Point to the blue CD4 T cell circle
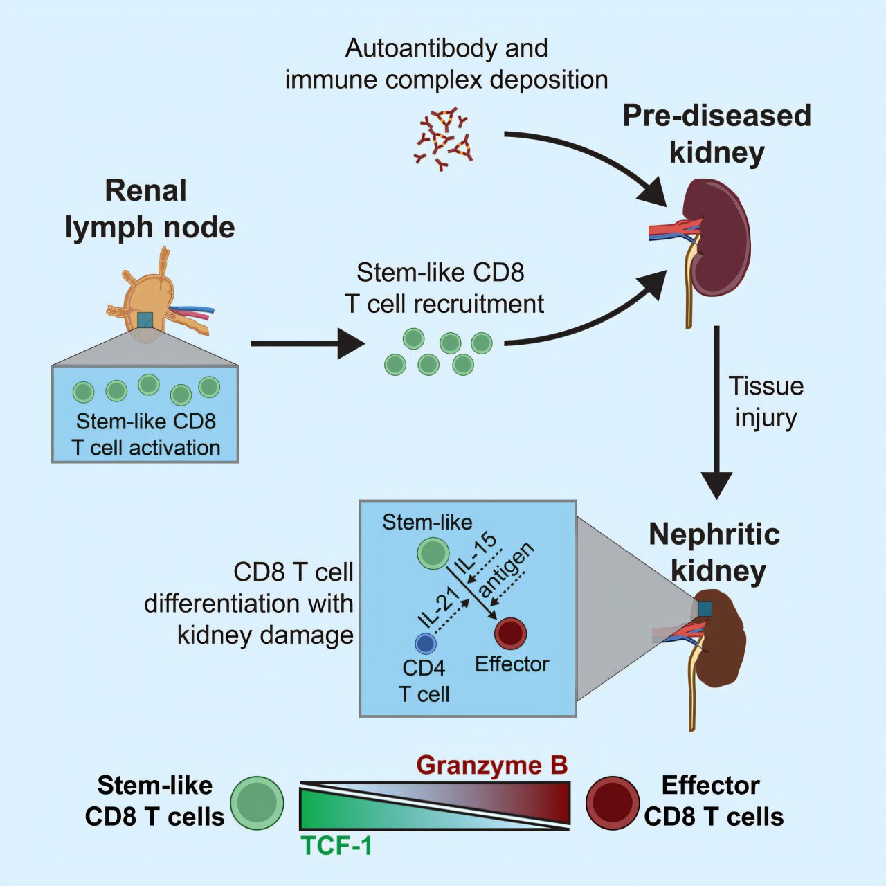[x=425, y=644]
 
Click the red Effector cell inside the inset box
[x=511, y=633]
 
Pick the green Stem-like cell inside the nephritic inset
[x=433, y=554]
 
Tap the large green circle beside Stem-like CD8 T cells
[x=257, y=803]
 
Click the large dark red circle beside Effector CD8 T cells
[x=613, y=803]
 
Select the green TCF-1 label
[x=336, y=846]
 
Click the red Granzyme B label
[x=492, y=766]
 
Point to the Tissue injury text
[x=766, y=402]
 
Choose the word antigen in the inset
[x=507, y=570]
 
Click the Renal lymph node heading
[x=150, y=209]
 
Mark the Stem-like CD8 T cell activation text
[x=146, y=435]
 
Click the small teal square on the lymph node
[x=145, y=320]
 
